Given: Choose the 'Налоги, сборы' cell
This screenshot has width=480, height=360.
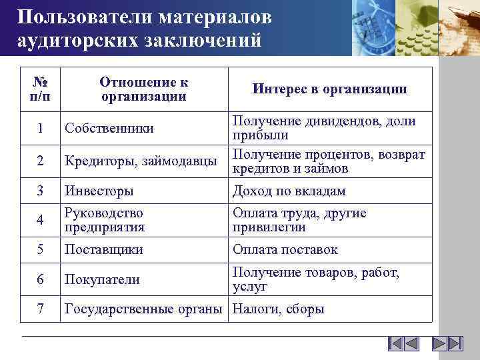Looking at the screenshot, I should tap(278, 309).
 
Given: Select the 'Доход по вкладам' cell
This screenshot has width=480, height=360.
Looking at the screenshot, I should tap(289, 191).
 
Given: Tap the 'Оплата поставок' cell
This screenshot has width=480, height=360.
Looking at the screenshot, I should tap(285, 250).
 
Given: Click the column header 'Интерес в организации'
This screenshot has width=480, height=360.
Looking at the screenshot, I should tap(329, 89).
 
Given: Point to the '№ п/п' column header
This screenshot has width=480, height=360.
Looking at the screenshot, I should tap(39, 89).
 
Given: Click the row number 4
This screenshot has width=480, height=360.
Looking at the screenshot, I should tap(40, 220).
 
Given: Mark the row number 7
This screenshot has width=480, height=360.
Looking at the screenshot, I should tap(40, 309).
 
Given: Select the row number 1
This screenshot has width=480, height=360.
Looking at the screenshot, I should tap(40, 129).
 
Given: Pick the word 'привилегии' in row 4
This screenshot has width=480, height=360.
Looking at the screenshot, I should tap(269, 227).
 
